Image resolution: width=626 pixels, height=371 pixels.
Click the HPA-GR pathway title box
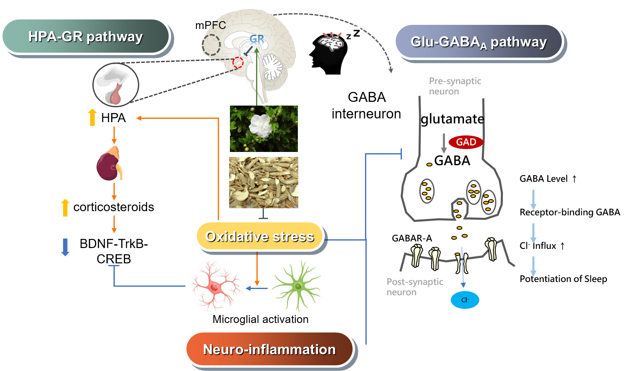pyautogui.click(x=85, y=36)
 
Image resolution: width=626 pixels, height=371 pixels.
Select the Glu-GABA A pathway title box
pyautogui.click(x=479, y=42)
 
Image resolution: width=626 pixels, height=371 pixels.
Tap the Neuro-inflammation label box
pyautogui.click(x=269, y=349)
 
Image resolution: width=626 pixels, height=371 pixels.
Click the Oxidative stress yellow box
pyautogui.click(x=259, y=236)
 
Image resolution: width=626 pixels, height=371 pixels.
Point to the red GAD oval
pyautogui.click(x=466, y=142)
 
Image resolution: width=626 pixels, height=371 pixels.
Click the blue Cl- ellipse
pyautogui.click(x=465, y=300)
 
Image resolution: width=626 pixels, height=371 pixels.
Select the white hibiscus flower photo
pyautogui.click(x=264, y=128)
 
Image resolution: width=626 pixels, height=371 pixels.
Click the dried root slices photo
pyautogui.click(x=264, y=182)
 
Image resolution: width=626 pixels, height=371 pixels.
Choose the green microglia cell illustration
pyautogui.click(x=296, y=286)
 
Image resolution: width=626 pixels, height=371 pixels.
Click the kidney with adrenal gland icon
pyautogui.click(x=109, y=164)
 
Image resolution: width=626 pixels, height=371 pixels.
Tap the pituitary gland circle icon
pyautogui.click(x=116, y=85)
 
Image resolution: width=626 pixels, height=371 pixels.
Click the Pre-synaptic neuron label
pyautogui.click(x=455, y=86)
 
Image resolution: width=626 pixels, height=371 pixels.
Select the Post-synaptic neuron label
pyautogui.click(x=415, y=287)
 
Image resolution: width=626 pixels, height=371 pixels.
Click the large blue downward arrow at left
pyautogui.click(x=65, y=247)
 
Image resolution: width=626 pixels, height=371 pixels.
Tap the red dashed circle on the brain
pyautogui.click(x=237, y=63)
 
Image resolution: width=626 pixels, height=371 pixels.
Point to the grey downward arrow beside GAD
pyautogui.click(x=444, y=143)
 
